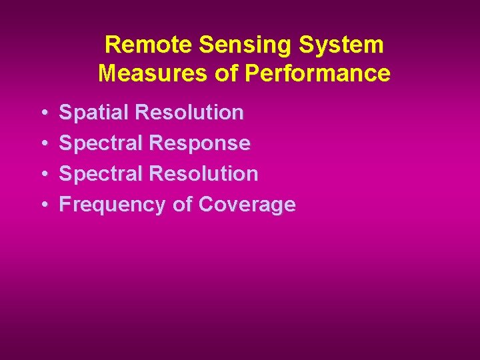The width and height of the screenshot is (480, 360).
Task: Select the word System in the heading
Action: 344,45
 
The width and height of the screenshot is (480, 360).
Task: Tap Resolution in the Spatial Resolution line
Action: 189,113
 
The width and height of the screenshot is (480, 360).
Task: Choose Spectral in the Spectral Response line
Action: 101,143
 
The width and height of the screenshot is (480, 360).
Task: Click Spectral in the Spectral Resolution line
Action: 101,174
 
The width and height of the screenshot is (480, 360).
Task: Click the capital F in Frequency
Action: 65,204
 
